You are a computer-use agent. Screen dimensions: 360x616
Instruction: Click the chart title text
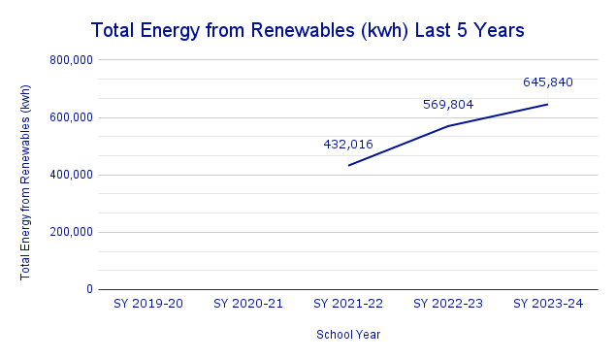point(308,30)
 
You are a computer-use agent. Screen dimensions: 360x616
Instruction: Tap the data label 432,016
point(348,144)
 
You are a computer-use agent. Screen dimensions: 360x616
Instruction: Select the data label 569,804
point(448,104)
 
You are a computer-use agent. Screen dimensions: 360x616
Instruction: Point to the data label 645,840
point(547,82)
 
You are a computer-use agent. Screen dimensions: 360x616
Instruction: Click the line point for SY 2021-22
point(348,165)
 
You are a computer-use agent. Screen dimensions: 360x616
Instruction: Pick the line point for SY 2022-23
point(448,125)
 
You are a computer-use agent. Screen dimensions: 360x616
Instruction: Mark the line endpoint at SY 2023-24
point(547,104)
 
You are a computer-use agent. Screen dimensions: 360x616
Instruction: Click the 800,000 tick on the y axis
point(70,60)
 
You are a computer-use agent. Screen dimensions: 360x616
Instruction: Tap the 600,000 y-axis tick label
point(70,117)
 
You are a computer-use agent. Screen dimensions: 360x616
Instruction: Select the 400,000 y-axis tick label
point(70,175)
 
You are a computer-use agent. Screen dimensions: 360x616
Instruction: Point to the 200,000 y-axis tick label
point(70,232)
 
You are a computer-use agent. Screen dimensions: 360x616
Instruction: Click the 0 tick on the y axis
point(89,289)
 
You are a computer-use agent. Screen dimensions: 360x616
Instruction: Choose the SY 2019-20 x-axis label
point(148,305)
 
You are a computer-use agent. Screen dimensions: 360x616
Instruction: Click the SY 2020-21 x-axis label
point(248,305)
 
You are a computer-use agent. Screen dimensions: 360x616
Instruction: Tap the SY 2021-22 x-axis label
point(348,305)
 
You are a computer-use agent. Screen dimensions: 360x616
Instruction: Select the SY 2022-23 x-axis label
point(448,305)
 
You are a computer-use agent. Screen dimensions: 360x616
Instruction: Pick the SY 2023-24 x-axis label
point(547,305)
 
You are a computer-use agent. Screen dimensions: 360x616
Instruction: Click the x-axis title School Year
point(348,335)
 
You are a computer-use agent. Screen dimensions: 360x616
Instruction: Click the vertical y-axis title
point(26,181)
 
